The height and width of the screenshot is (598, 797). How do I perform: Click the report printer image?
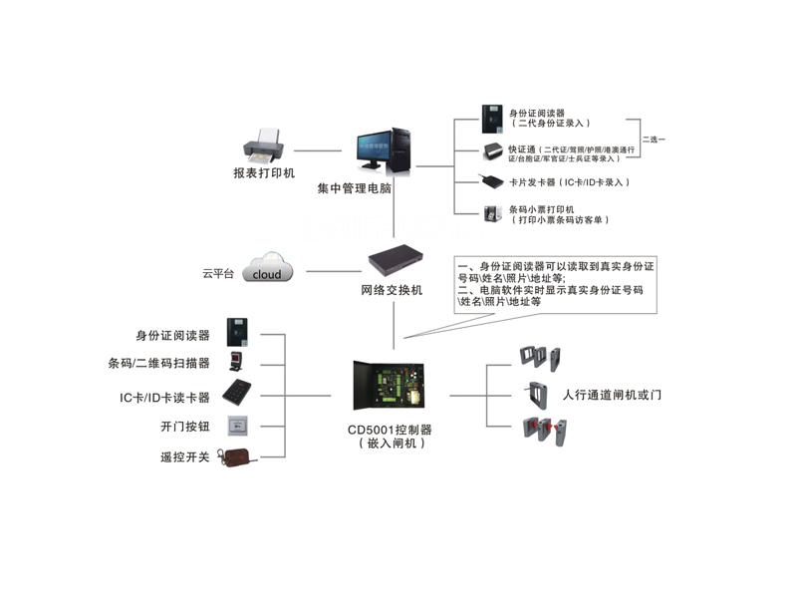(265, 147)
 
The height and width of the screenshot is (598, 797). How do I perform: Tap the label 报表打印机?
(264, 173)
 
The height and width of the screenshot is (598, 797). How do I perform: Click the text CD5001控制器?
(390, 430)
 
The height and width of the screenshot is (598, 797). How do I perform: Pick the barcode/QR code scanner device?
(237, 363)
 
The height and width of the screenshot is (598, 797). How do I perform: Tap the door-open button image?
(239, 425)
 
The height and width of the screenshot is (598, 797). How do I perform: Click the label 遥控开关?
(184, 457)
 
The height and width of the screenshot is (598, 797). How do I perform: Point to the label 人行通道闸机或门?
(612, 396)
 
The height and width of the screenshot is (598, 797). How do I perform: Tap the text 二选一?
(653, 139)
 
